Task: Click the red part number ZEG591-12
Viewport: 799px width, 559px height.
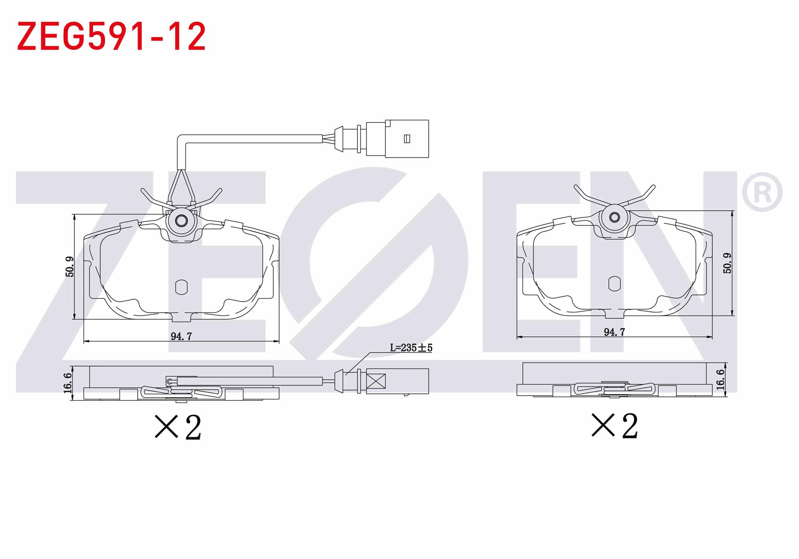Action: [x=111, y=37]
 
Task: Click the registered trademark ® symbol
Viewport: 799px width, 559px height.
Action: [x=762, y=192]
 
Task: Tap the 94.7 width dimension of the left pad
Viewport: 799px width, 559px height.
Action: [x=181, y=336]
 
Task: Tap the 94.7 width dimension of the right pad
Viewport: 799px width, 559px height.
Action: [x=614, y=332]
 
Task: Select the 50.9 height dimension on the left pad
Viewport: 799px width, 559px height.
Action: [x=70, y=267]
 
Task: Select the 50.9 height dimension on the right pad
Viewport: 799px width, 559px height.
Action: [x=727, y=263]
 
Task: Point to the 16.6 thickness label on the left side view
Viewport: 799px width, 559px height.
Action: [x=67, y=383]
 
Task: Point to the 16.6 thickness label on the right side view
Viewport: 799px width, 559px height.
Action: [x=720, y=379]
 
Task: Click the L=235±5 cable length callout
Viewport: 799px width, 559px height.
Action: [x=411, y=348]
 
